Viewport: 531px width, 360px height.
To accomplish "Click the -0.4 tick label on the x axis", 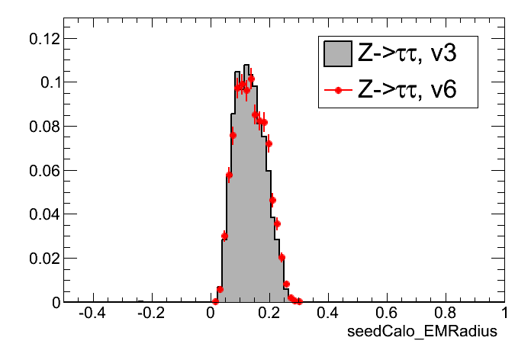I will click(91, 313).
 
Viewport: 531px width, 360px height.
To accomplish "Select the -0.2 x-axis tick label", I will click(150, 313).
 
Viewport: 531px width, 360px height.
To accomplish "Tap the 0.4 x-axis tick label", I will click(328, 313).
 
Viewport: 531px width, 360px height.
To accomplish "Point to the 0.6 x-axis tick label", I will click(387, 313).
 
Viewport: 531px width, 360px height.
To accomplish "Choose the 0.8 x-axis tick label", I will click(446, 313).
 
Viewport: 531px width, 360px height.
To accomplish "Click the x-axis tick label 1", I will click(502, 313).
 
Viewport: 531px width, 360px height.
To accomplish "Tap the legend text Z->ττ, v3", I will click(407, 54).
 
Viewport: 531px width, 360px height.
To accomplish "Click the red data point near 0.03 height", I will click(224, 236).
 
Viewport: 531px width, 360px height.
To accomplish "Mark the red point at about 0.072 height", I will click(269, 143).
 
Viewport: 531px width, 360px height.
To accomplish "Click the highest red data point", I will click(251, 79).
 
